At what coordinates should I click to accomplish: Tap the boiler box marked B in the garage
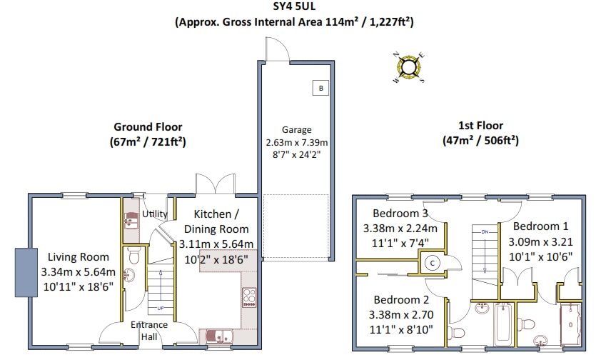click(320, 89)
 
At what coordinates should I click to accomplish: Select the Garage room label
click(296, 130)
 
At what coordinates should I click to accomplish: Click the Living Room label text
click(79, 257)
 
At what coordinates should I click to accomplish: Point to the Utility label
click(154, 214)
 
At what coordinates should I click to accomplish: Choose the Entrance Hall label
click(149, 331)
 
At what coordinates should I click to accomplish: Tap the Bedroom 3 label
click(400, 214)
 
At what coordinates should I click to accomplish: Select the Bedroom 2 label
click(400, 300)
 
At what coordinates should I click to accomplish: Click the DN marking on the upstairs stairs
click(485, 232)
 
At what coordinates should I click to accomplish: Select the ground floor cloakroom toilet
click(130, 275)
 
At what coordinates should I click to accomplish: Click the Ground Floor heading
click(148, 128)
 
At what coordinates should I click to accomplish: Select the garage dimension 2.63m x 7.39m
click(296, 141)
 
